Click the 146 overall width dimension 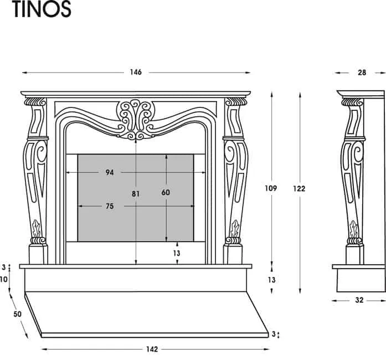[136, 72]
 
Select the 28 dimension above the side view [362, 72]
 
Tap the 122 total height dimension [300, 188]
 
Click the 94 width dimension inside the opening [110, 173]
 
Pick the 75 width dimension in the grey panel [109, 207]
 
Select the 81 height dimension [136, 194]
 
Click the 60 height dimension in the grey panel [166, 192]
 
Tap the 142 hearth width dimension [152, 349]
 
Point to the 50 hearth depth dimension [17, 314]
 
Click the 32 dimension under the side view [359, 300]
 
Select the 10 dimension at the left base [4, 279]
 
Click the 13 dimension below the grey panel [177, 253]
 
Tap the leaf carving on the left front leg [37, 228]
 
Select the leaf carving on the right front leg [235, 228]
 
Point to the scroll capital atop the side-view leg [352, 102]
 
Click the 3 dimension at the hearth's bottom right [272, 334]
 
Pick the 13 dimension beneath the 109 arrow [271, 280]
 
